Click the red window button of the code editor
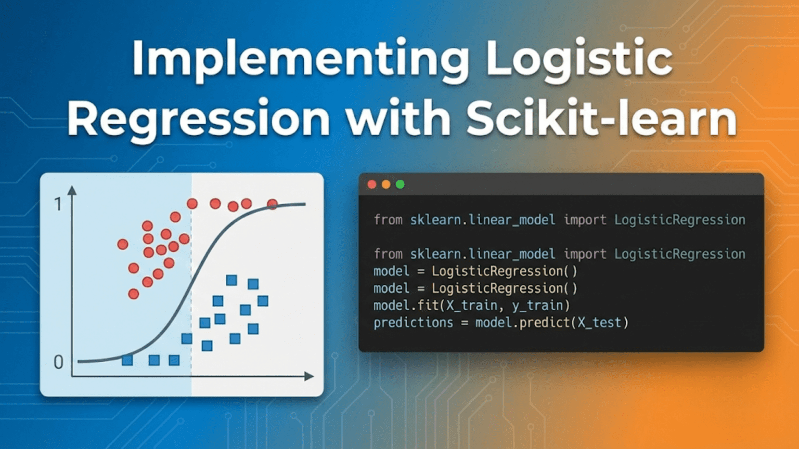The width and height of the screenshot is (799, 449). (x=371, y=184)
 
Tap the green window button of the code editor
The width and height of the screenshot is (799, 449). (x=400, y=184)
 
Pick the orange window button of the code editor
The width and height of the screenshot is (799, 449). (x=386, y=184)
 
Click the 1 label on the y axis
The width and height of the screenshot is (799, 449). (x=58, y=204)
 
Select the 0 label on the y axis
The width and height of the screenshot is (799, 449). (x=58, y=362)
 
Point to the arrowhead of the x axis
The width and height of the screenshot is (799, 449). (x=309, y=376)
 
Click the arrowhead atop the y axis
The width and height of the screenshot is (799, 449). (x=72, y=190)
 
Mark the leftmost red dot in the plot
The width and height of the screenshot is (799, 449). (x=123, y=244)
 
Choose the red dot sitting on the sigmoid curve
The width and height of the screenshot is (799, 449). (x=272, y=204)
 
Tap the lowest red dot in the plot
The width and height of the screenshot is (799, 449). (x=134, y=294)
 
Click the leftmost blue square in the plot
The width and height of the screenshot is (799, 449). (x=127, y=360)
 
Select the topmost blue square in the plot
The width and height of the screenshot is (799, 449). (x=231, y=281)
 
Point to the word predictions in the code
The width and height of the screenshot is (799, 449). (x=413, y=323)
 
